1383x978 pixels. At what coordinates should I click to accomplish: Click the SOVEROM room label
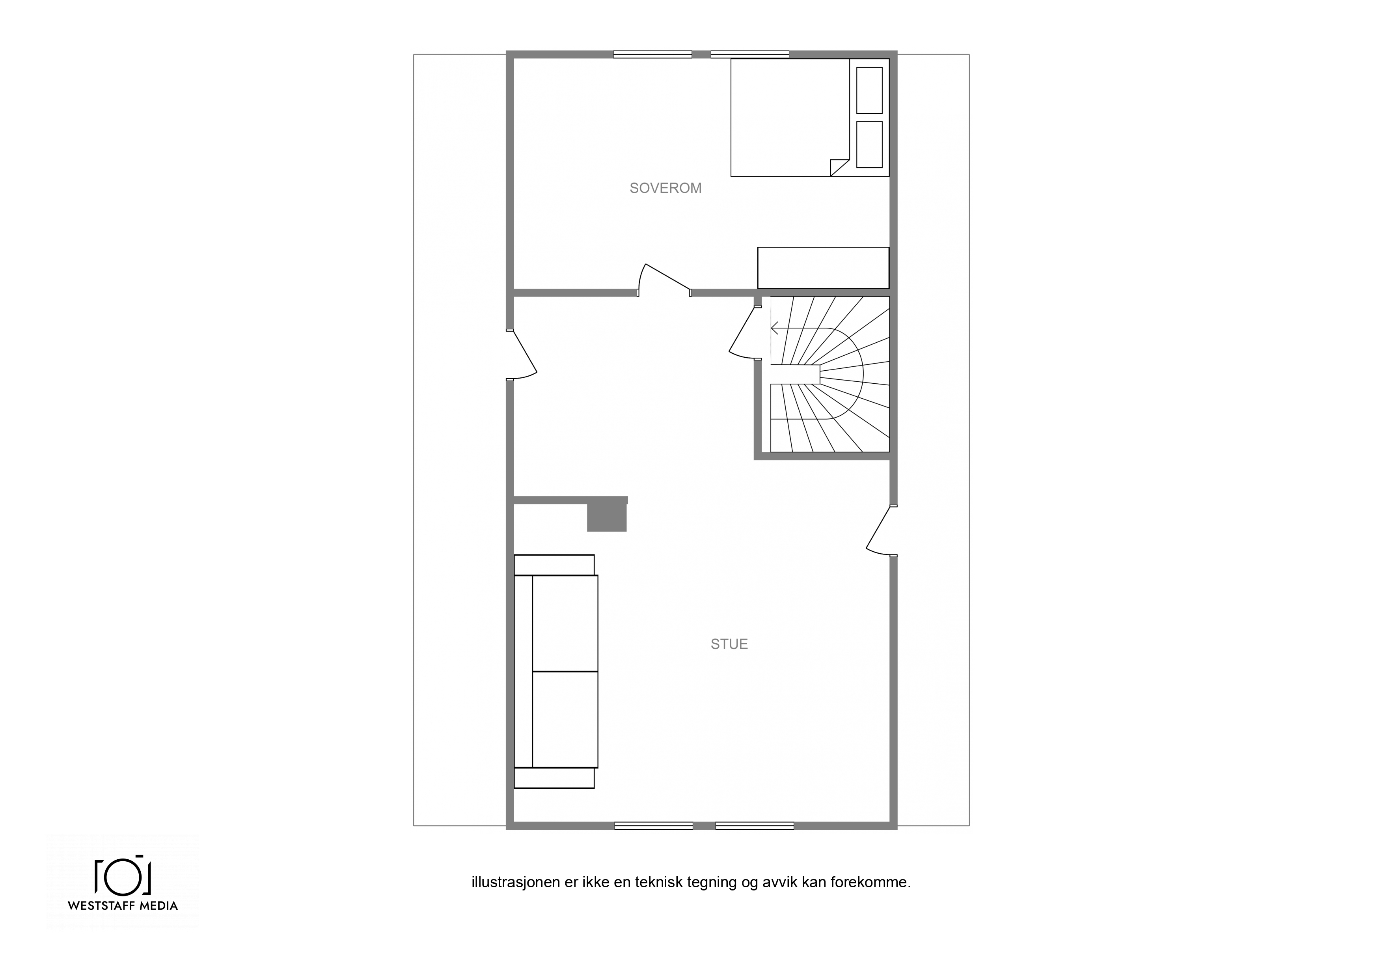pos(665,188)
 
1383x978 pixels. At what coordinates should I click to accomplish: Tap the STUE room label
pos(729,644)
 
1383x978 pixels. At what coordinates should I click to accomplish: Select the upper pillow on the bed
pos(869,90)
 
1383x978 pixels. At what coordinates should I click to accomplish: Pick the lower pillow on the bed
pos(869,145)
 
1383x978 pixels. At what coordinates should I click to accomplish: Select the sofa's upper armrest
pos(554,565)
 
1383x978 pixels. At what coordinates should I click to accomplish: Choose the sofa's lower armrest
pos(554,778)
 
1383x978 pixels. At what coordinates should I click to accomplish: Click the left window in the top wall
pos(652,54)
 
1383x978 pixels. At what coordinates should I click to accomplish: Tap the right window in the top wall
pos(750,54)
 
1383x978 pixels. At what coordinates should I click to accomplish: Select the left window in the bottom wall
pos(654,825)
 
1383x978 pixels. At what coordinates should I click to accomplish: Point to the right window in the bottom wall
pos(755,825)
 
